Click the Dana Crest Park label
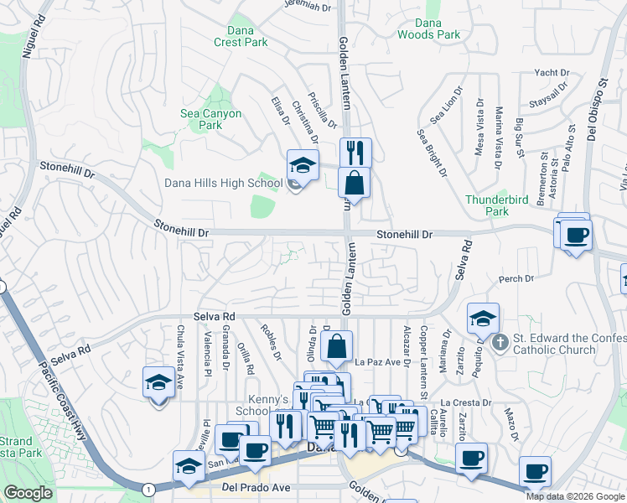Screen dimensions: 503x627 coord(240,36)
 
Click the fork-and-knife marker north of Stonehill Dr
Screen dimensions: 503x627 coord(355,153)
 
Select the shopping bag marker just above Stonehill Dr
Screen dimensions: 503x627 coord(355,183)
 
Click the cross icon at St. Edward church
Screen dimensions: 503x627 coord(500,341)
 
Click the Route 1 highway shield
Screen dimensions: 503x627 coord(148,488)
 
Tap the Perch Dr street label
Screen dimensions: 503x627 coord(516,278)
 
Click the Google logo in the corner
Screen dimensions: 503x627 coord(28,493)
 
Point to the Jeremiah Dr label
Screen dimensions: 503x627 coord(308,6)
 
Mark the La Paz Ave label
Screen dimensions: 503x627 coord(375,362)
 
